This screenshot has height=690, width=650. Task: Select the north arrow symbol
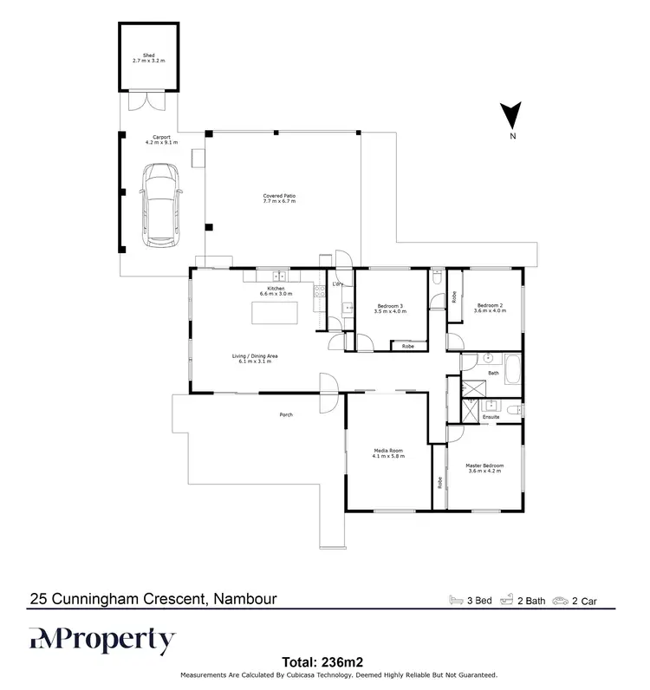512,117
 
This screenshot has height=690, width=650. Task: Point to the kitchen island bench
273,311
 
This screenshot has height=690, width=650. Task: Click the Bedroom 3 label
391,308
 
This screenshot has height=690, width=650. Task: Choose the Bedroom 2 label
490,308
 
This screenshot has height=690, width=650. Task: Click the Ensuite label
491,417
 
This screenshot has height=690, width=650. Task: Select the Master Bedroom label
484,468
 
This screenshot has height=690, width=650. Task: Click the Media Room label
389,454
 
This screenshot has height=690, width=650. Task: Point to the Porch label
286,415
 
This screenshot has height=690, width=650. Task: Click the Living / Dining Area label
254,358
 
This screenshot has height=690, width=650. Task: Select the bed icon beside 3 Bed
455,599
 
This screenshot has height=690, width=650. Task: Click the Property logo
103,641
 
